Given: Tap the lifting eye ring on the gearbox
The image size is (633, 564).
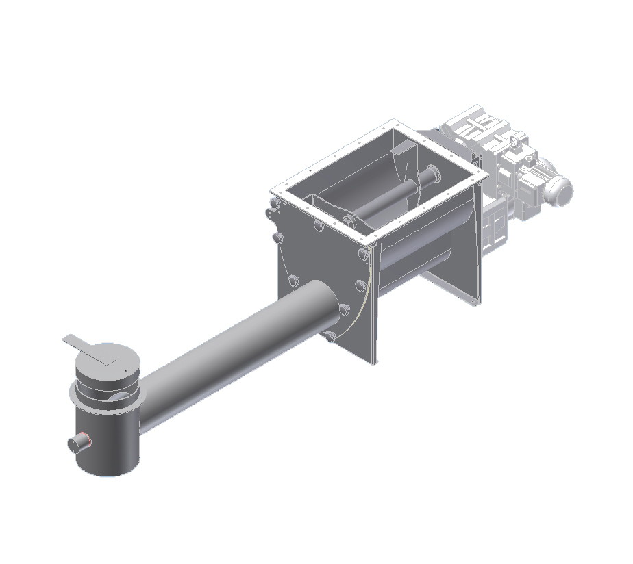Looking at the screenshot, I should click(x=512, y=141).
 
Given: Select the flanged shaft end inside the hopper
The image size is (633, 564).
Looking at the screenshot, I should click(x=432, y=176).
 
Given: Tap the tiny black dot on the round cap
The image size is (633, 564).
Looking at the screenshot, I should click(x=126, y=372).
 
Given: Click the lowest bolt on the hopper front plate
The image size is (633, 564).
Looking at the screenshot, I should click(x=330, y=335).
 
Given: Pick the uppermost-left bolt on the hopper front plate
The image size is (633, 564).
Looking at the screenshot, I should click(x=274, y=204).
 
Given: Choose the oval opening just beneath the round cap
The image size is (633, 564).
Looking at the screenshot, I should click(x=121, y=397).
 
